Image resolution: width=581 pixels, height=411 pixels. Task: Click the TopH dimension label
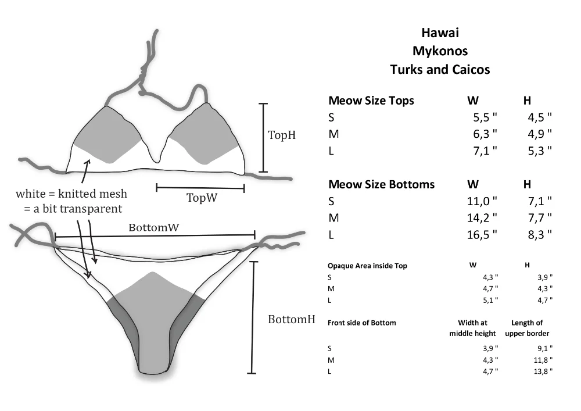[282, 135]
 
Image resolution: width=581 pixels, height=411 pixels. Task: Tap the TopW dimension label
[202, 198]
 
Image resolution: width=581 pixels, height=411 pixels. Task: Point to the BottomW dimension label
[153, 227]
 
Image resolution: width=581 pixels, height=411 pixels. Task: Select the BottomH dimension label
[291, 320]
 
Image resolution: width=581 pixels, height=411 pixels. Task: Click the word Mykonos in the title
[440, 51]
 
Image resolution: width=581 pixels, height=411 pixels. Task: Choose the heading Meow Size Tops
[371, 101]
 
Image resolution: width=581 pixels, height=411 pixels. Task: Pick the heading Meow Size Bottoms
[381, 184]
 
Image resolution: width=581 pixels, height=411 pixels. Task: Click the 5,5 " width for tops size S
[485, 117]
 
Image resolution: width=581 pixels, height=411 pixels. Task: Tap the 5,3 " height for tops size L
[540, 151]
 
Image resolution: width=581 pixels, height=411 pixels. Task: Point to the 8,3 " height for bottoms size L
[540, 235]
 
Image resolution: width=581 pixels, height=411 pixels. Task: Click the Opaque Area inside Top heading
[367, 266]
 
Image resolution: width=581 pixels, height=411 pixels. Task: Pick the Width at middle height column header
[472, 328]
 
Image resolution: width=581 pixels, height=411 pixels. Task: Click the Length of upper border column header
[527, 328]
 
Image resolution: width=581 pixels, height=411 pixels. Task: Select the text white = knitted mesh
[71, 194]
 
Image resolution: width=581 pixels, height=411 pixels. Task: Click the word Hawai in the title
[440, 33]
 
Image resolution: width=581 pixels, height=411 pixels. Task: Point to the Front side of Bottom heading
[361, 323]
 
